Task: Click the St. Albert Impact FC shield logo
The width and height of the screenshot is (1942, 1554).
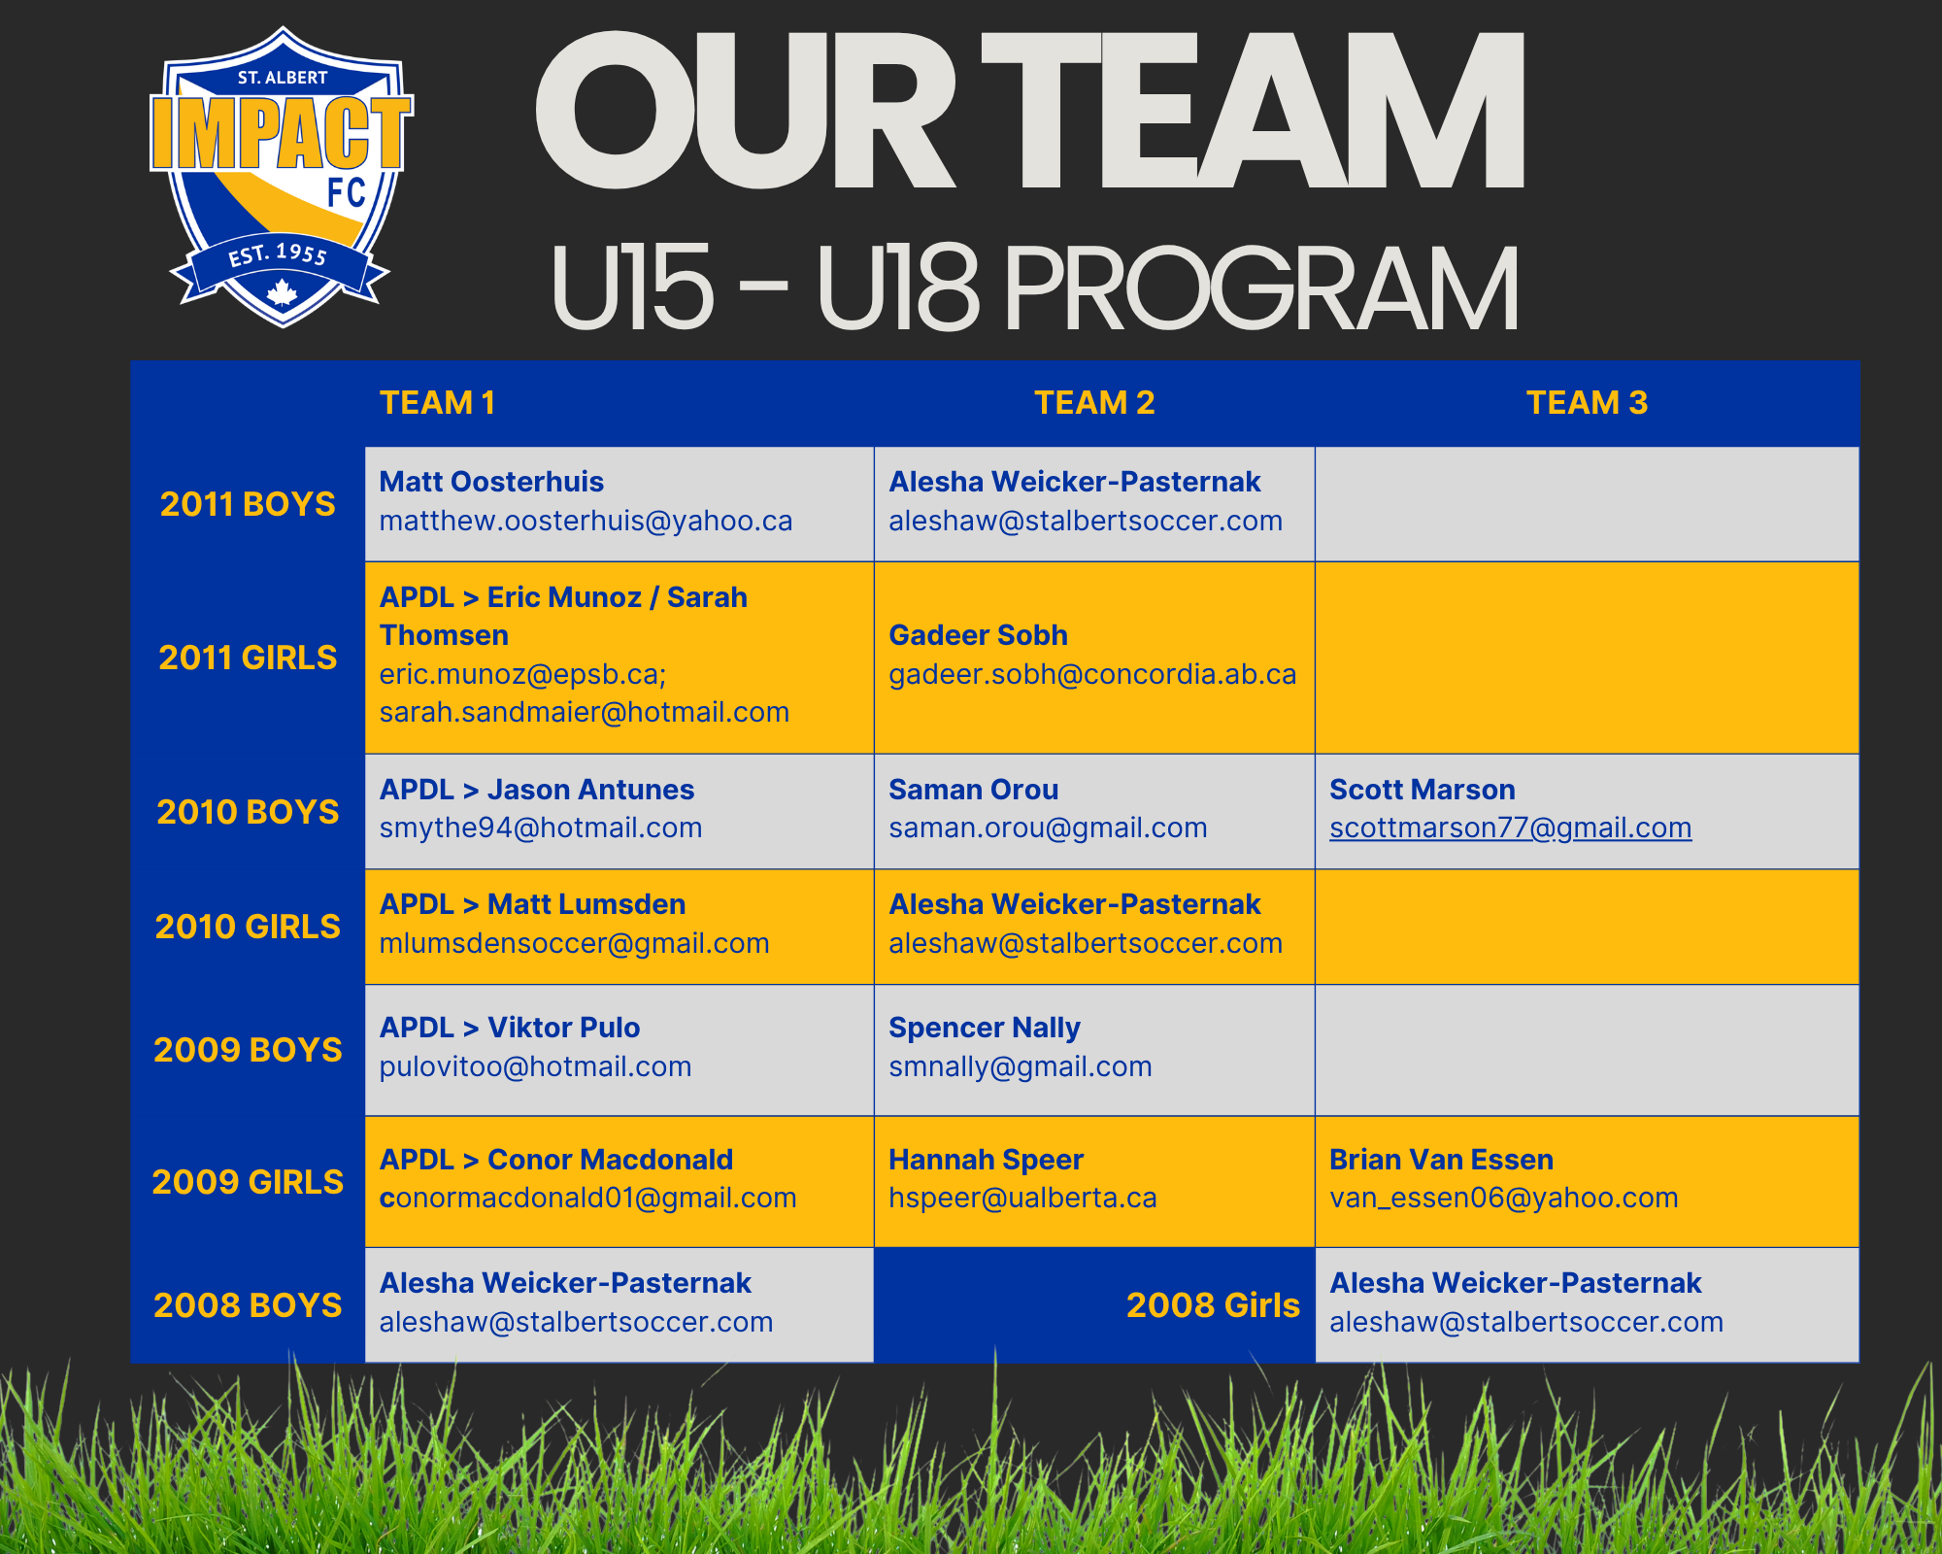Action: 282,177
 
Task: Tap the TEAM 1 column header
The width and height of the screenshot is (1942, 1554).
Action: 438,402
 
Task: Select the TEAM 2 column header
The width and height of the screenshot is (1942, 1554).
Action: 1094,402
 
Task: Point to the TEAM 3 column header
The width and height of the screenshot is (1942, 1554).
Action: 1587,402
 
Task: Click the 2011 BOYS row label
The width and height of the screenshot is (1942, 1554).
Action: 248,504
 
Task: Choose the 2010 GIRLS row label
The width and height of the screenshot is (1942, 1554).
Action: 248,927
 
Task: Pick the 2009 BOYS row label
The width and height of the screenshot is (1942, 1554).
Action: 248,1050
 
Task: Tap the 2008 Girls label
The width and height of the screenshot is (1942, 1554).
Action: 1213,1305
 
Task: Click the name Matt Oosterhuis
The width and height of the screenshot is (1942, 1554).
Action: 491,482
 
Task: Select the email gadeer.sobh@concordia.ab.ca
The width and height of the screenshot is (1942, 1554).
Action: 1092,674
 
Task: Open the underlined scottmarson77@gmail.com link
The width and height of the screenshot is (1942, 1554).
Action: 1511,828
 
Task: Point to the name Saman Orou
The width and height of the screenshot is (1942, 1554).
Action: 974,790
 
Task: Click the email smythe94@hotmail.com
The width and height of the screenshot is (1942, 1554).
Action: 541,828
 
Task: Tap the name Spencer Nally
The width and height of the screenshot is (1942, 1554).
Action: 985,1028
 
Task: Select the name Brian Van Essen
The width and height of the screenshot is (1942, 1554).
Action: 1441,1160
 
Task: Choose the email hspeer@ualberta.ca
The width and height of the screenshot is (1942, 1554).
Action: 1022,1199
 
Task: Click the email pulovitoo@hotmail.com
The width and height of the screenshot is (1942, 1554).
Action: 536,1066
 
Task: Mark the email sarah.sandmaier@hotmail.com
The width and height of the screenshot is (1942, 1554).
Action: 585,712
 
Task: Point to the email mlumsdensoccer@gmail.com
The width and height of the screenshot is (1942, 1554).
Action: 575,943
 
